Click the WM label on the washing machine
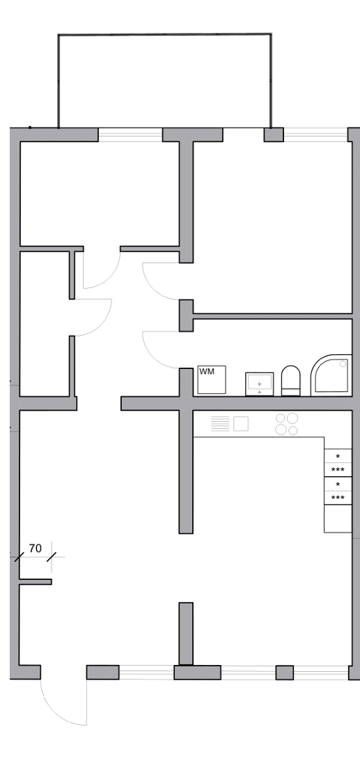click(207, 372)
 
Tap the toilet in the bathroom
click(290, 381)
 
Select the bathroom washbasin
click(259, 384)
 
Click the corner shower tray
click(331, 375)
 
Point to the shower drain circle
click(343, 364)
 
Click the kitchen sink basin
click(240, 423)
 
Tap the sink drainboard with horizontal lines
click(220, 423)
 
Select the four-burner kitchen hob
click(286, 423)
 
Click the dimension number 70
click(36, 548)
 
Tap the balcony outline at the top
click(164, 35)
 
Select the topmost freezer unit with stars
click(338, 463)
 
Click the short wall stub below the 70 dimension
click(36, 582)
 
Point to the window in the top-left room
click(130, 134)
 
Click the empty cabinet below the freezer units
click(338, 519)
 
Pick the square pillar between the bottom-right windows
click(285, 673)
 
